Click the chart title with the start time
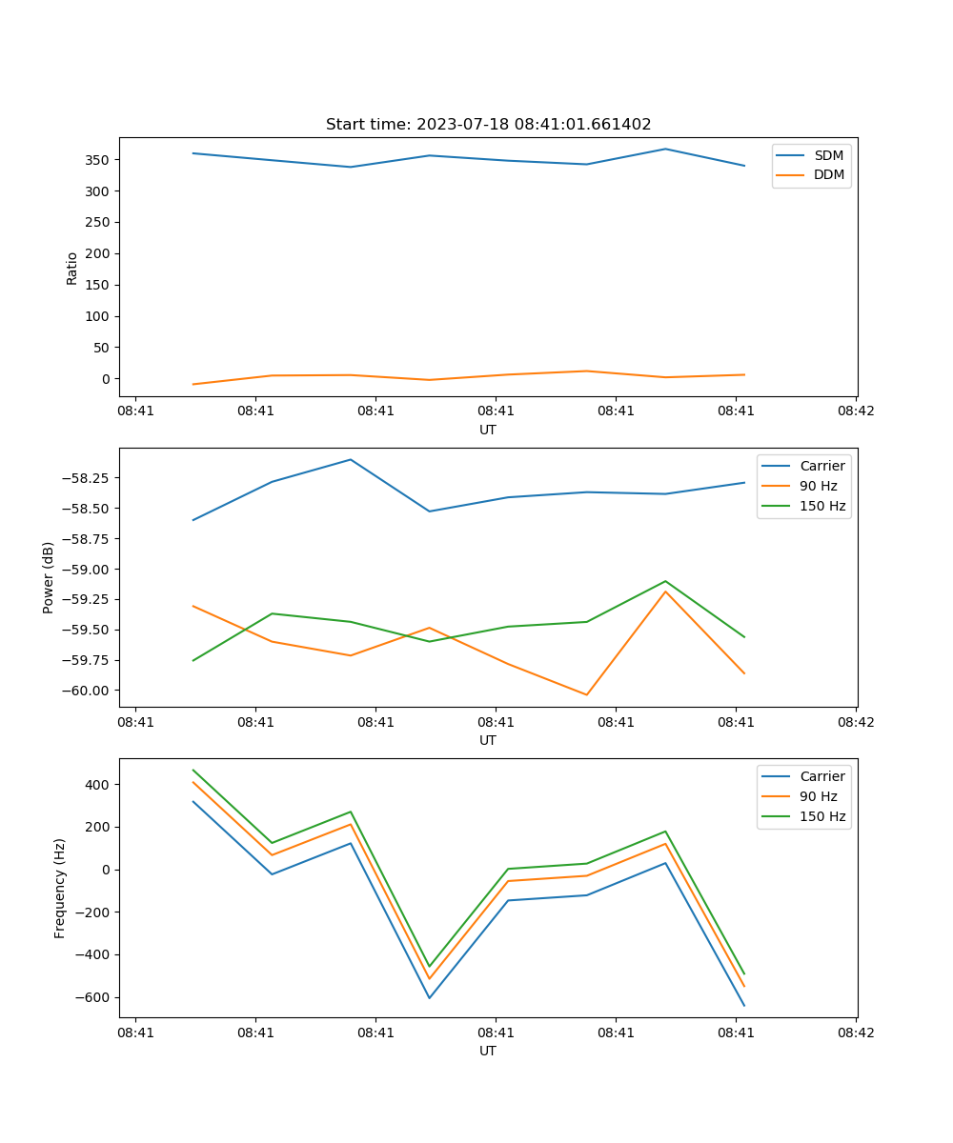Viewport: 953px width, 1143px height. click(488, 125)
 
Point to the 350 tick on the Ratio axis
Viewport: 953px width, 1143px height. click(97, 160)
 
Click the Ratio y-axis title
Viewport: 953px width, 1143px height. click(72, 268)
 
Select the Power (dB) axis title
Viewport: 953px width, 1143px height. click(49, 577)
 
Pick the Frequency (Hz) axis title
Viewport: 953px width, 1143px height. click(60, 888)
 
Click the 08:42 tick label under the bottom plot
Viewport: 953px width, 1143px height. click(855, 1033)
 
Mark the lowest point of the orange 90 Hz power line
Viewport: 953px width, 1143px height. click(586, 694)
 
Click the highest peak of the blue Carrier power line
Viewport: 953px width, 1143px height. click(350, 460)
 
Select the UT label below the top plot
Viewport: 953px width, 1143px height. click(488, 430)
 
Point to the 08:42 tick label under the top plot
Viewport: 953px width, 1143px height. click(855, 411)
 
